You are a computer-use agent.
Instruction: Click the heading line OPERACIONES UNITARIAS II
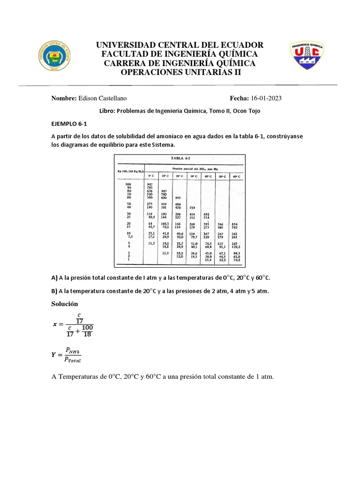180,72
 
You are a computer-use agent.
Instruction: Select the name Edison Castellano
103,98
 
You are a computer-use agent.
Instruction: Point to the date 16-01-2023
267,98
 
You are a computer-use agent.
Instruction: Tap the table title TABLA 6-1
180,159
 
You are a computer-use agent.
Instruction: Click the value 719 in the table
192,207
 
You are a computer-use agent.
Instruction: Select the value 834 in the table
235,225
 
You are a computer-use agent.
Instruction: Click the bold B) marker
54,291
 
